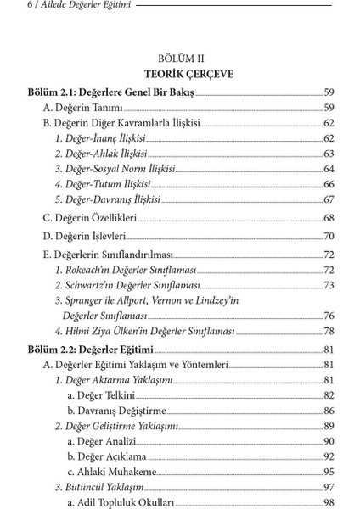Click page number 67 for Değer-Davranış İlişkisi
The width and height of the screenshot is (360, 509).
click(x=329, y=199)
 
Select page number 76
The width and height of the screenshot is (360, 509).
click(x=329, y=316)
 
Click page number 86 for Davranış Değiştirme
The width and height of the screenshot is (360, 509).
click(x=329, y=411)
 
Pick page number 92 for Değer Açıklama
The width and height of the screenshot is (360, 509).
click(x=329, y=456)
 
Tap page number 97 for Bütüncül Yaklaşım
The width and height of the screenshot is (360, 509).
click(x=329, y=487)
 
